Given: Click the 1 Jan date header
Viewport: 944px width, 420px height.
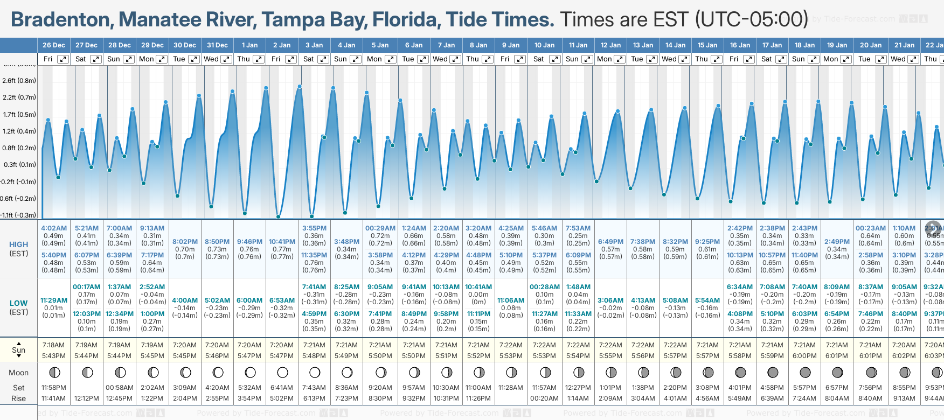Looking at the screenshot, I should pos(249,45).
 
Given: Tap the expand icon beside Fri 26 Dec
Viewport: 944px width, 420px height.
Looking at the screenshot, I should pos(63,59).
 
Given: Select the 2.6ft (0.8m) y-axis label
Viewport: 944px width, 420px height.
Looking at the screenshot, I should pos(19,81).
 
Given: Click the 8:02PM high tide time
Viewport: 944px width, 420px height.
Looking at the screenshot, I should pos(185,242).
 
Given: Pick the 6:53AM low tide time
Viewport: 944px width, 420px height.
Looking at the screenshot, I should pos(282,300).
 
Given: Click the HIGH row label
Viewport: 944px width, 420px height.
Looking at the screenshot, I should pos(18,244).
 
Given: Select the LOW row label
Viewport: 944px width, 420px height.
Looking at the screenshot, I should pos(18,303).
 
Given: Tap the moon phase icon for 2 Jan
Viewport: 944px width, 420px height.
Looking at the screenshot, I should pos(282,373).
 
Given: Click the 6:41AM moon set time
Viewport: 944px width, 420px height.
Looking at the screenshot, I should pos(282,388).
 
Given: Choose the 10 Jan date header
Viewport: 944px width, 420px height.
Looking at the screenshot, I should pos(544,45).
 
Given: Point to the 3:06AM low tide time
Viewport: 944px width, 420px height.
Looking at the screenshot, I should pos(610,300).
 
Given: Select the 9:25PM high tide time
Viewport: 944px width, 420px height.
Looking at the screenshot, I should pos(707,242).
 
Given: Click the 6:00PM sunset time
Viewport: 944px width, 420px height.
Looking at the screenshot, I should pos(804,356).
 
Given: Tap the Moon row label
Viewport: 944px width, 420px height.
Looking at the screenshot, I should pos(18,373).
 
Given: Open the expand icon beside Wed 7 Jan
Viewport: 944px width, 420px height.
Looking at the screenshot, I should pos(455,59).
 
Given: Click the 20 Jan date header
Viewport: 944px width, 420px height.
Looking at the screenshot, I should pos(871,45).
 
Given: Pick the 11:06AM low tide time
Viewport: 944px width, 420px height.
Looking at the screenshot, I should pos(511,300).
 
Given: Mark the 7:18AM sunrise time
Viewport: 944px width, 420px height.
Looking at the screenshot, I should pos(53,345).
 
